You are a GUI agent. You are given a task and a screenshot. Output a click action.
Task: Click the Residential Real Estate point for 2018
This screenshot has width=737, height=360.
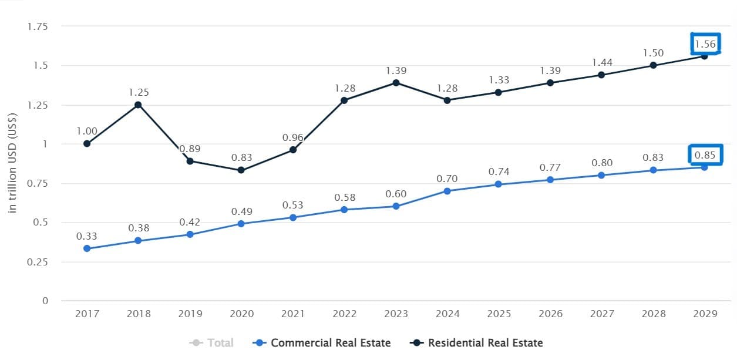coord(138,105)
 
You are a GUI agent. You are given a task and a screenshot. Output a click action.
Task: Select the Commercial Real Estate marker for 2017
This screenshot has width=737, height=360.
coord(87,248)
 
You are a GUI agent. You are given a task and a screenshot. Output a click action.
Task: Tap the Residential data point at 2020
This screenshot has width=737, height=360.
coord(241,170)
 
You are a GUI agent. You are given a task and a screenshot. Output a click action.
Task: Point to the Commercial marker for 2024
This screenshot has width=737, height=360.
coord(447,191)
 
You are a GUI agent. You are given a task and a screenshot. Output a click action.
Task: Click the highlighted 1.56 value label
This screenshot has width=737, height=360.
coord(705,44)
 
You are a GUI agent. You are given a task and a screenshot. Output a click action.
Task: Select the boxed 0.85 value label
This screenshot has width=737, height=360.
coord(705,155)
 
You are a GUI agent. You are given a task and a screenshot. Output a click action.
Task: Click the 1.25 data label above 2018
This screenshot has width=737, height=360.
coord(138,92)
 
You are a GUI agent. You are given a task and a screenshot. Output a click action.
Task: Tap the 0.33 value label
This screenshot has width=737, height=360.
coord(87,236)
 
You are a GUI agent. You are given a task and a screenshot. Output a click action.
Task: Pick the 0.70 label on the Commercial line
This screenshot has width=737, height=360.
coord(447,179)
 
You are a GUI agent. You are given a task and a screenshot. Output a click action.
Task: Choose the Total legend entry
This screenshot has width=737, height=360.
coord(213,343)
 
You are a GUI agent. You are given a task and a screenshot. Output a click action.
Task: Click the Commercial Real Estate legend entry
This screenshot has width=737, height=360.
coord(323,343)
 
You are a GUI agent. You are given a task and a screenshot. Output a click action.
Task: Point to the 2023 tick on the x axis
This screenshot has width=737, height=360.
coord(396,314)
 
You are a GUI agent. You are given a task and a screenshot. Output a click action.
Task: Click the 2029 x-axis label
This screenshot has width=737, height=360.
coord(705,314)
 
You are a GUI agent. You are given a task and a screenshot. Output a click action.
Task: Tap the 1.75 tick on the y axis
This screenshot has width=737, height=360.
coord(37,26)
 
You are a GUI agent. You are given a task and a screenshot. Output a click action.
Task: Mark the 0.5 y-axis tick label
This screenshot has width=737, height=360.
coord(41,223)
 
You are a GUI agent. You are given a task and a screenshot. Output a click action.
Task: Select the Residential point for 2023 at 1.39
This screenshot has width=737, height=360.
coord(396,83)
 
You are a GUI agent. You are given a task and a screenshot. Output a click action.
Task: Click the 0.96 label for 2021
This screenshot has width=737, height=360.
coord(293,137)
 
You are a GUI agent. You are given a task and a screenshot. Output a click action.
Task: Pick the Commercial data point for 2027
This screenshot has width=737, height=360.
coord(601,175)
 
